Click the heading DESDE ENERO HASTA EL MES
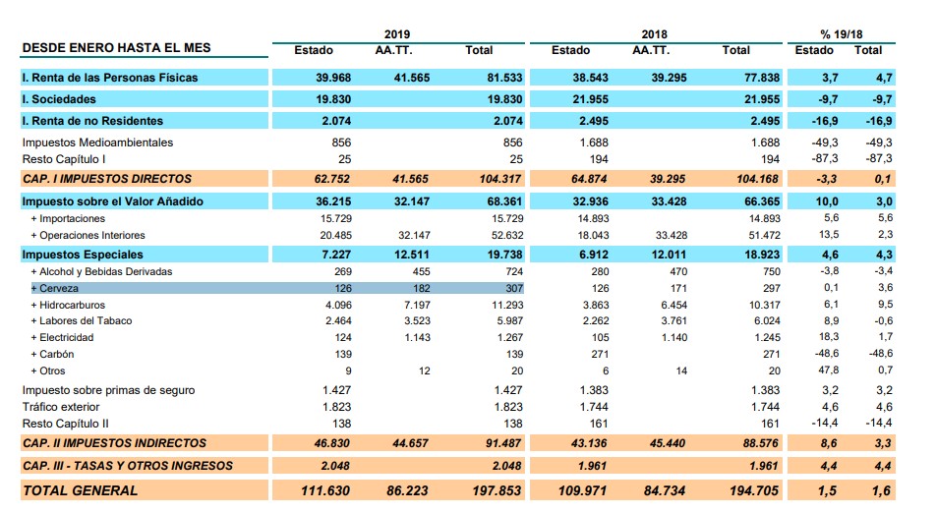116,48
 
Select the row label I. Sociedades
60,99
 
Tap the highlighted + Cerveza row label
57,288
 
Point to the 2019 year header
397,33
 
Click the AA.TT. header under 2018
651,50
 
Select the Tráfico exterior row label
61,407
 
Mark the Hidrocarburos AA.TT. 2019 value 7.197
411,305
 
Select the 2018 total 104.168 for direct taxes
755,179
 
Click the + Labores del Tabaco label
82,320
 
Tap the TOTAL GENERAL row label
81,490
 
